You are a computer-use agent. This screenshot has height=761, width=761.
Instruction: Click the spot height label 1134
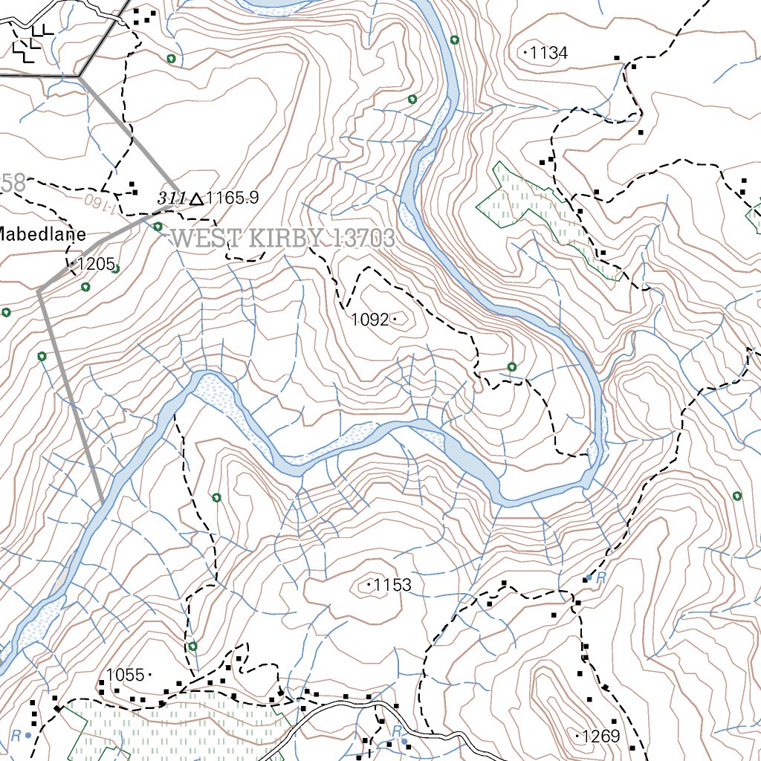click(x=549, y=53)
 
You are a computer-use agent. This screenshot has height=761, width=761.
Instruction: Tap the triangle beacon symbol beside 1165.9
click(x=196, y=198)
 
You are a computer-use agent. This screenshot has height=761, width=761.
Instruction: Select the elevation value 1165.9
click(x=233, y=198)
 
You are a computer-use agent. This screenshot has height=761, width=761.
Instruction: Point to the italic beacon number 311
click(x=170, y=198)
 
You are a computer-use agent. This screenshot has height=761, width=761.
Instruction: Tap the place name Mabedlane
click(x=37, y=233)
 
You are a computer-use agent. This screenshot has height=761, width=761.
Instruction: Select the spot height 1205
click(x=97, y=264)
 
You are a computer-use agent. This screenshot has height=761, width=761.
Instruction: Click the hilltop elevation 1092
click(x=369, y=320)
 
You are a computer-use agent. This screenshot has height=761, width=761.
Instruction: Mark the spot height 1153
click(x=392, y=586)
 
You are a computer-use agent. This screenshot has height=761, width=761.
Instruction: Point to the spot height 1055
click(x=125, y=675)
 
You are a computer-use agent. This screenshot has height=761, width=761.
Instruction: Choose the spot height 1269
click(x=601, y=736)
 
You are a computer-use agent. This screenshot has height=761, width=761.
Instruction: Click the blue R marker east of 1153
click(x=597, y=577)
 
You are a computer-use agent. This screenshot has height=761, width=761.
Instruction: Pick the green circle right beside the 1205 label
click(x=115, y=268)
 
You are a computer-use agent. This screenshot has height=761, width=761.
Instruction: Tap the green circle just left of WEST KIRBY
click(x=158, y=227)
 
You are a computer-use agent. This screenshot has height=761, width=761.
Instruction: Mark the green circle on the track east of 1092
click(x=512, y=366)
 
